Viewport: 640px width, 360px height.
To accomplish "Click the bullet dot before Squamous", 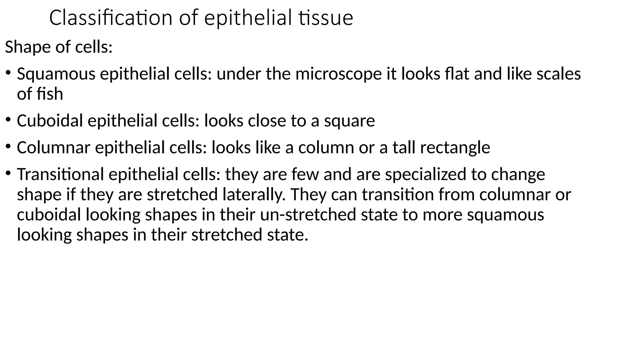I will point(8,73).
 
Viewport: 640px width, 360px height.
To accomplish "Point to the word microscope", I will point(338,74).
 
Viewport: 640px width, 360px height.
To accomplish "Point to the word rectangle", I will point(455,148).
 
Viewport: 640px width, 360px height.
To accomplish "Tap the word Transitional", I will point(60,174).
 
